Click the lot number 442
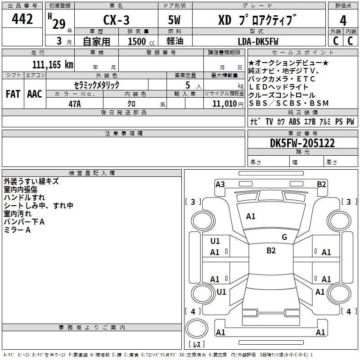coord(22,19)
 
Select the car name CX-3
coord(116,20)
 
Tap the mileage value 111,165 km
coord(53,64)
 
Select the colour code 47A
coord(74,103)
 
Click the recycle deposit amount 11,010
coord(227,103)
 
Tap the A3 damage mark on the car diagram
coord(220,184)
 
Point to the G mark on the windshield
coord(284,237)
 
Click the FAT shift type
coord(13,94)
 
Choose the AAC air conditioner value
coord(34,94)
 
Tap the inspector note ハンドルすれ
coord(24,198)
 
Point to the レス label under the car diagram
coord(196,345)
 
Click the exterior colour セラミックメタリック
coord(97,85)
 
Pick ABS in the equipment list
coord(295,121)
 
